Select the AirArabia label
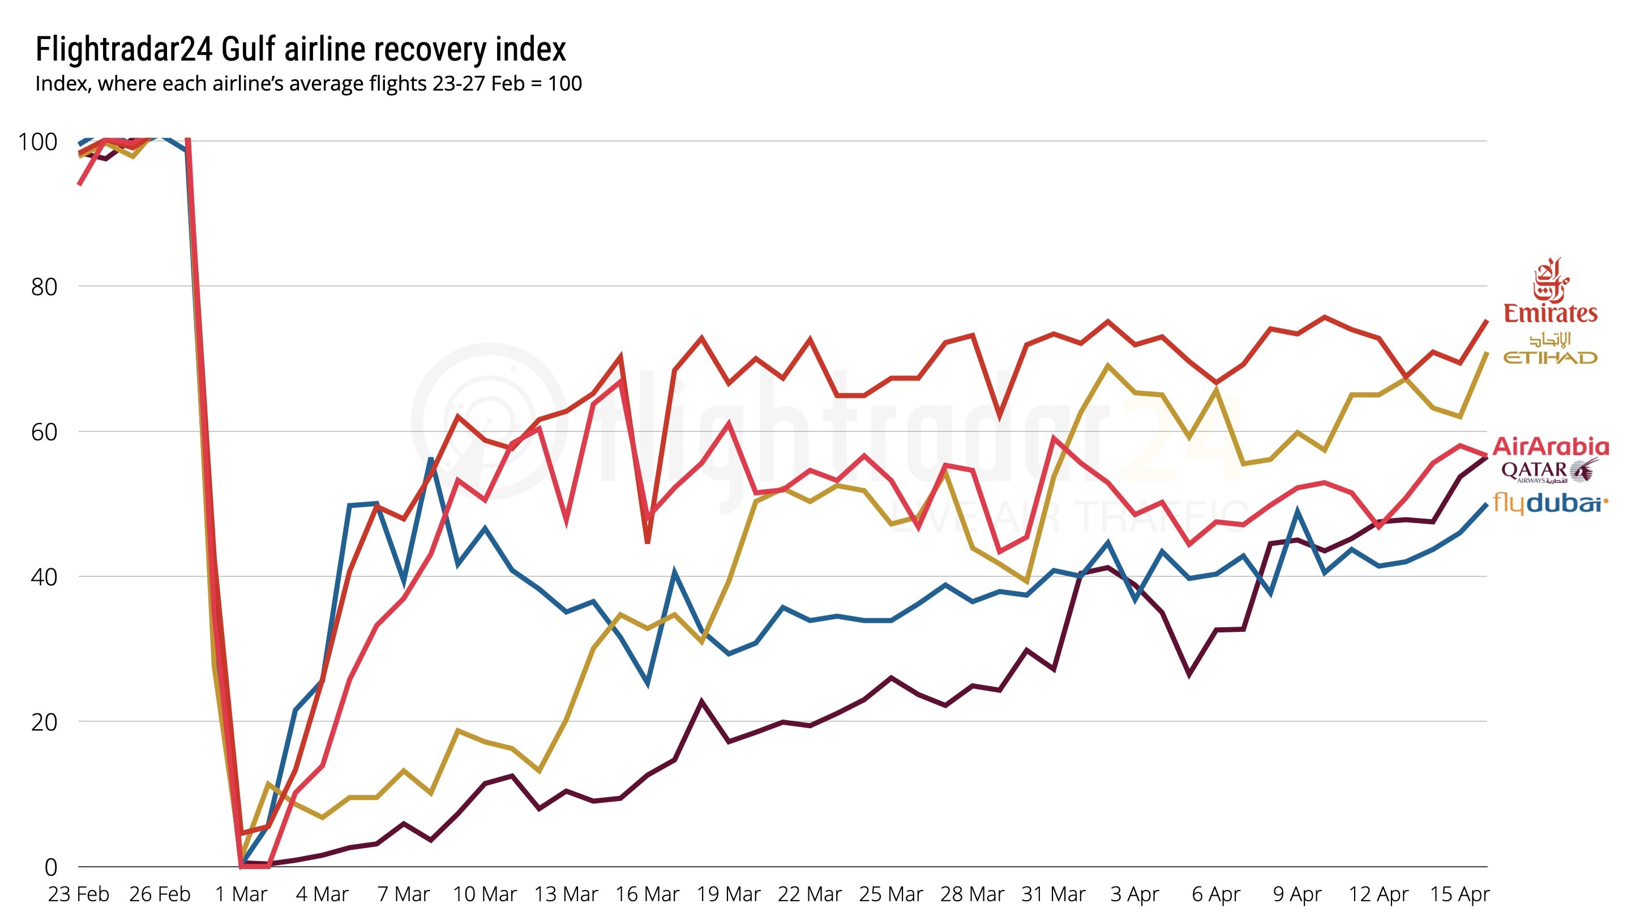click(1551, 447)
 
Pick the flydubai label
click(1549, 503)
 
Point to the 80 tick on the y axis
click(44, 287)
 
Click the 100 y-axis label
click(38, 142)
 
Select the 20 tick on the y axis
click(44, 722)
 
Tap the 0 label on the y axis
click(50, 867)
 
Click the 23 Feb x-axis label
click(78, 894)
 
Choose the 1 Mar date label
click(241, 894)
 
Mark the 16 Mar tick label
click(648, 894)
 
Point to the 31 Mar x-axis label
click(1054, 894)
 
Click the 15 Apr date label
click(1459, 894)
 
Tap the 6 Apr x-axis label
click(1216, 894)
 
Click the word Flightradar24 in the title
click(124, 49)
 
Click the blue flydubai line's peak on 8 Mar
click(431, 459)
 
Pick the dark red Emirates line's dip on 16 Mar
click(648, 542)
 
